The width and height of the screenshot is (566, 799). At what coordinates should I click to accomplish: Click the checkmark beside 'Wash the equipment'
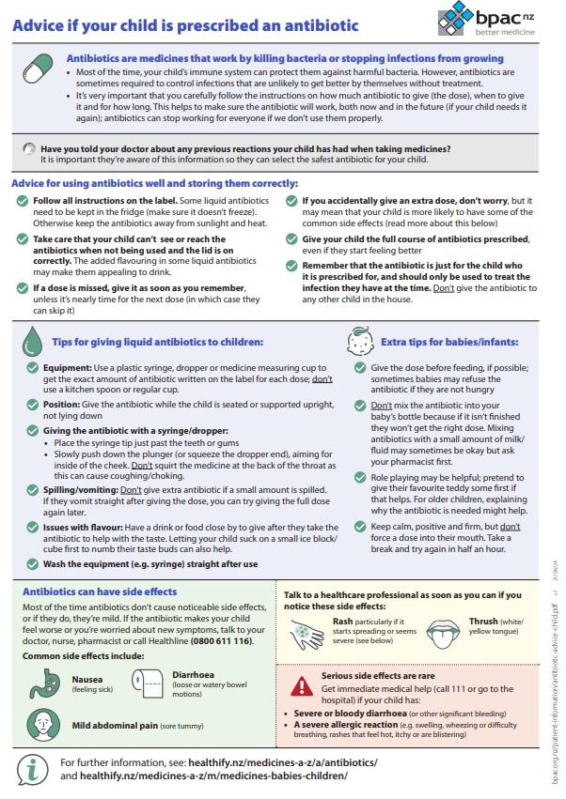tap(33, 563)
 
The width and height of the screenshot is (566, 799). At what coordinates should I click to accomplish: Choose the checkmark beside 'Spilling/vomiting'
tap(33, 490)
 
